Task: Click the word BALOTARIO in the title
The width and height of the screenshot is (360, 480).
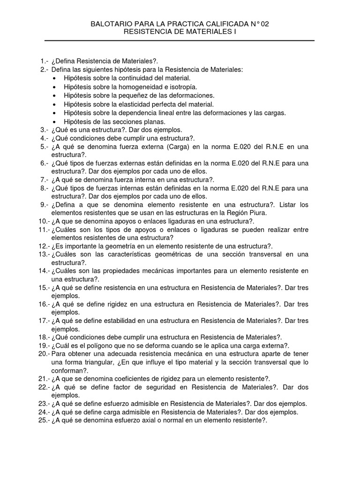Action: (111, 24)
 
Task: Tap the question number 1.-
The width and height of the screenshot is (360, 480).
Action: (45, 61)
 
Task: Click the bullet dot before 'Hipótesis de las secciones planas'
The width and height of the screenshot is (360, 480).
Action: (55, 122)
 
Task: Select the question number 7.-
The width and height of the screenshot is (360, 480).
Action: (45, 180)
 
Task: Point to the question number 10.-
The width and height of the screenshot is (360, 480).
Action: (43, 221)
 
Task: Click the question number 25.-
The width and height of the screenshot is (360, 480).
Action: (43, 420)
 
